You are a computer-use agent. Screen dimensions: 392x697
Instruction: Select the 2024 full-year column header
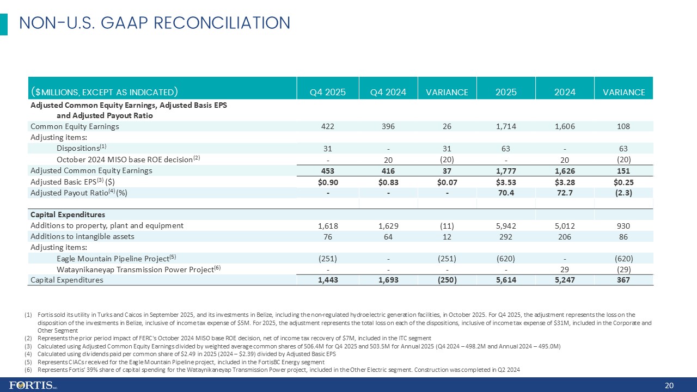(565, 92)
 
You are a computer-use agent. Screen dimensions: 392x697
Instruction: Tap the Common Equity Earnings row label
(75, 126)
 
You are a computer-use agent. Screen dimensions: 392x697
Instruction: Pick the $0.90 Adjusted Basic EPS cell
(328, 181)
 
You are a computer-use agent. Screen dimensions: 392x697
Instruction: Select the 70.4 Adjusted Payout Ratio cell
(506, 192)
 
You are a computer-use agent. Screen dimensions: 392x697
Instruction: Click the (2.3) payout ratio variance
(623, 192)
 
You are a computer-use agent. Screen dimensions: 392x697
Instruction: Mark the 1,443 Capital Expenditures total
(328, 280)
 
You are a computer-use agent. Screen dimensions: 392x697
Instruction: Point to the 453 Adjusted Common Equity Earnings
(328, 170)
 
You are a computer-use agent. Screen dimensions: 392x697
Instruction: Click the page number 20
(670, 386)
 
